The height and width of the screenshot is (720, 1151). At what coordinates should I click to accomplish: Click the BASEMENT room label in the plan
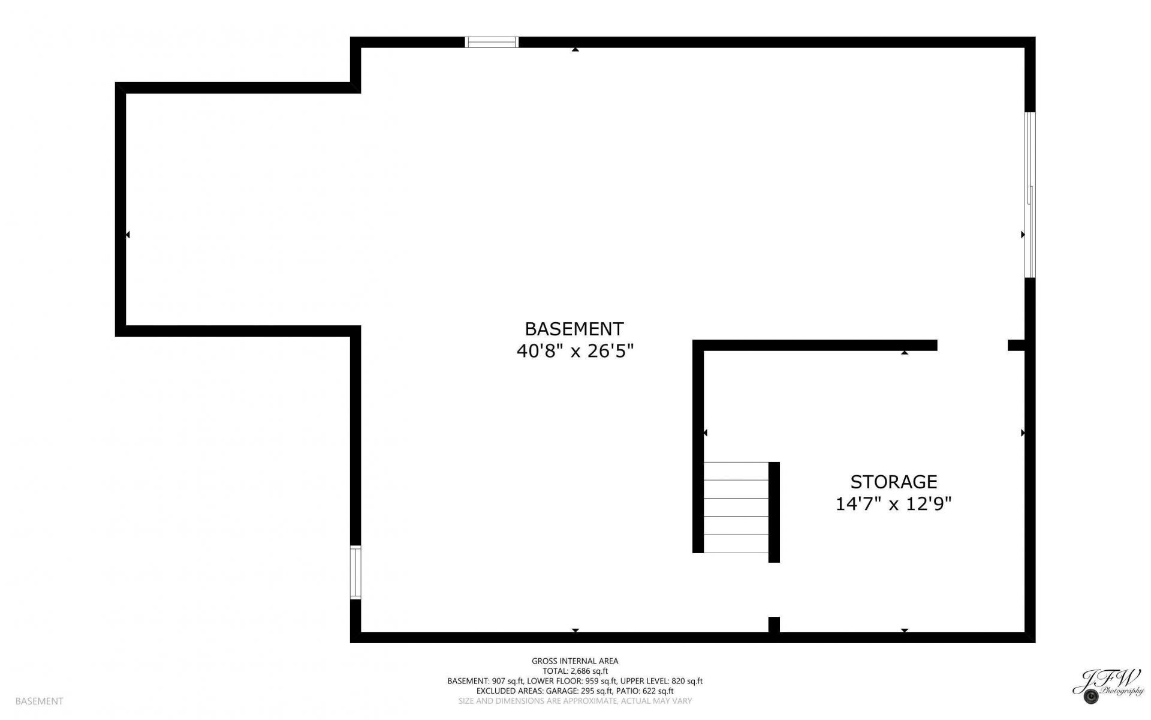pos(574,329)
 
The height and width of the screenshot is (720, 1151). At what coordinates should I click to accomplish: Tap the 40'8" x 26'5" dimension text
pos(575,351)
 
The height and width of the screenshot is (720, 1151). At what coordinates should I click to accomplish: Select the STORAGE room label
pos(893,482)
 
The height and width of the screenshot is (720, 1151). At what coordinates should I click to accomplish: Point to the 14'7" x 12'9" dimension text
pos(893,503)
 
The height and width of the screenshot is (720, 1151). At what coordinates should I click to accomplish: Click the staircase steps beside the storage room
pos(736,507)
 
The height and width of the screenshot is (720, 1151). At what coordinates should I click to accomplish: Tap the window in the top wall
pos(492,42)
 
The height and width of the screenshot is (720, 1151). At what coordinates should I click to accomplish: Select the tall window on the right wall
pos(1030,195)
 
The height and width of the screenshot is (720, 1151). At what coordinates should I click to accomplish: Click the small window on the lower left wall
pos(355,572)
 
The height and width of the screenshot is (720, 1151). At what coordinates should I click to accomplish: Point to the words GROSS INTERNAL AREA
pos(575,661)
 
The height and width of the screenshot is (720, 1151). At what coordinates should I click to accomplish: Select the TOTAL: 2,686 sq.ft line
pos(575,671)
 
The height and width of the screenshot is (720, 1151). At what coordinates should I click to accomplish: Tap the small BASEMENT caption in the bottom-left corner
pos(39,701)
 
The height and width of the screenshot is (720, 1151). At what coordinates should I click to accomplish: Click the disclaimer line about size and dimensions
pos(575,701)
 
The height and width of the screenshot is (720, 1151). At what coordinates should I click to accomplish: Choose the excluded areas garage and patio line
pos(575,691)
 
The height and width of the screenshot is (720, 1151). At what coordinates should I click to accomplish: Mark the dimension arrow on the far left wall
pos(128,235)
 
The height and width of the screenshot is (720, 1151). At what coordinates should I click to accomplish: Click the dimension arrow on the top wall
pos(575,50)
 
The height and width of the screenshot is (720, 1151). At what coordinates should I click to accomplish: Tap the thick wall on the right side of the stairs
pos(774,512)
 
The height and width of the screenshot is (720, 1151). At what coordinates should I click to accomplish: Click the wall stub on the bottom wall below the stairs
pos(774,625)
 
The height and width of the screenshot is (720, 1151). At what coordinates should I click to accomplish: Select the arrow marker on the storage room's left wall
pos(706,433)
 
